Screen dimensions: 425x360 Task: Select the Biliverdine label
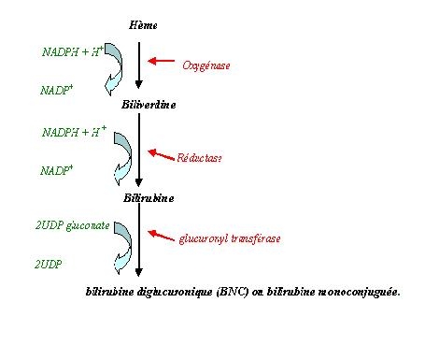[x=148, y=105]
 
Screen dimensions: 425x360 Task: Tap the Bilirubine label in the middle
[x=148, y=198]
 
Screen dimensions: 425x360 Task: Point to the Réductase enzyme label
[x=199, y=159]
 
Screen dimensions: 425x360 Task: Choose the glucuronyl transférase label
[x=229, y=238]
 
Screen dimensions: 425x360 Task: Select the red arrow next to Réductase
[x=162, y=150]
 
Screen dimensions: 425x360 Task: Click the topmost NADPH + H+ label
[x=72, y=52]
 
